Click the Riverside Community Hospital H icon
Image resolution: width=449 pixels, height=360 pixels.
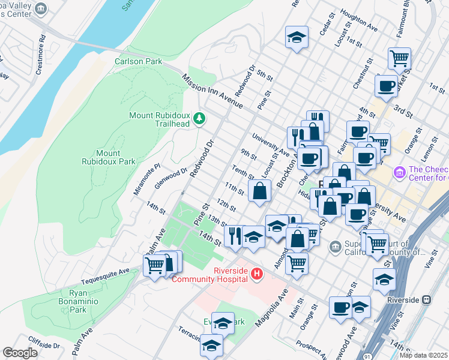pyautogui.click(x=257, y=274)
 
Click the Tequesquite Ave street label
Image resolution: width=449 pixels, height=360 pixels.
pyautogui.click(x=106, y=271)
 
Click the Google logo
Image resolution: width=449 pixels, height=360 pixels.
pyautogui.click(x=20, y=353)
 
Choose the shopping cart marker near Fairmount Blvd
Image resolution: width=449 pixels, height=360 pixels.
pyautogui.click(x=399, y=59)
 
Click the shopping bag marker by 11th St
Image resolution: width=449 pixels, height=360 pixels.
pyautogui.click(x=259, y=191)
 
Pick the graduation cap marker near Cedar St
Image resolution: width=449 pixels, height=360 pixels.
pyautogui.click(x=297, y=37)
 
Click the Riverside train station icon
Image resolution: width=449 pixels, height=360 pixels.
pyautogui.click(x=427, y=299)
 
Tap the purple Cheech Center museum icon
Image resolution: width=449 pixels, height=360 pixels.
pyautogui.click(x=399, y=173)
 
